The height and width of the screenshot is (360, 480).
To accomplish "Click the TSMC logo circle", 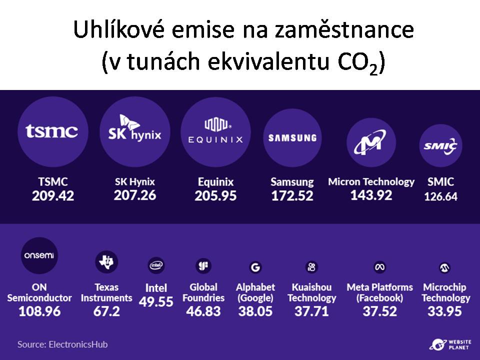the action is (x=52, y=131).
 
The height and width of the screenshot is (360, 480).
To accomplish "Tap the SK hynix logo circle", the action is (x=134, y=131).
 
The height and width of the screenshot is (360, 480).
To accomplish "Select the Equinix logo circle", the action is (x=215, y=132).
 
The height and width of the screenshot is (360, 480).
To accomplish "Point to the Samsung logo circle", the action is (x=292, y=138).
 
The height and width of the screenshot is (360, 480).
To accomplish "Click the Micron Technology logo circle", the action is (x=371, y=142).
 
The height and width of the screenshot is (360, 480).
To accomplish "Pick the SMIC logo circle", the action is (x=440, y=145).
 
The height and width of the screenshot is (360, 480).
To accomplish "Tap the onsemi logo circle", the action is (x=39, y=255).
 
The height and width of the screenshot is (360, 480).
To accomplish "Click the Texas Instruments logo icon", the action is (x=106, y=261).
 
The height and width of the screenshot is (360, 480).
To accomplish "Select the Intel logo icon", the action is (x=156, y=265).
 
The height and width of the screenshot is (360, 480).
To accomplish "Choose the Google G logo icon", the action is (x=255, y=267).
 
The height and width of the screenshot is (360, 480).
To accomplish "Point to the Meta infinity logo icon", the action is (x=380, y=267).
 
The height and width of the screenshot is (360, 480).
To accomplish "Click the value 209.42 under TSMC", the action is (x=53, y=196).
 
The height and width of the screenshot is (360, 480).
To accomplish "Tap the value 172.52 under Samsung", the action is (x=292, y=196).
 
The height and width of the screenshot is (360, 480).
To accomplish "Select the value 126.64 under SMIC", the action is (x=440, y=196).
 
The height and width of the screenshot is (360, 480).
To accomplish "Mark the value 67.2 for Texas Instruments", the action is (x=106, y=311).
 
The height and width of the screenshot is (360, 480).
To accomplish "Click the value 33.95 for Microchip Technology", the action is (x=444, y=311).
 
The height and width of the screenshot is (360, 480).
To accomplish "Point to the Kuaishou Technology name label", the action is (x=311, y=292).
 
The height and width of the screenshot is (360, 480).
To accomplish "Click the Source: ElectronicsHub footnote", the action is (x=62, y=344).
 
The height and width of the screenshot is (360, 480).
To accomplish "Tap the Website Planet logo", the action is (x=450, y=344).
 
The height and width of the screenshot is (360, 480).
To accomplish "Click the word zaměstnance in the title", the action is (x=344, y=30).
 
